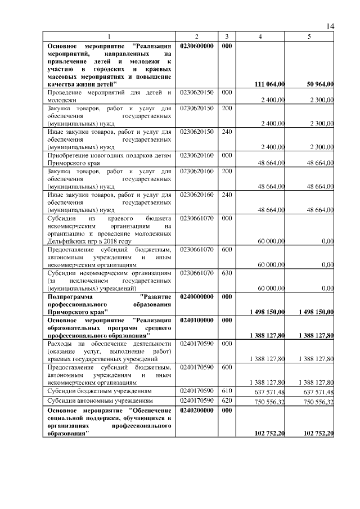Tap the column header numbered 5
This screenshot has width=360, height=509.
tap(309, 37)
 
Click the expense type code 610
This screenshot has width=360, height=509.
tap(226, 390)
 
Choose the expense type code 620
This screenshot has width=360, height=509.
tap(226, 401)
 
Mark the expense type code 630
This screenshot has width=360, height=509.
tap(226, 273)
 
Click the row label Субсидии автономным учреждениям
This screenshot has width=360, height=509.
tap(100, 401)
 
